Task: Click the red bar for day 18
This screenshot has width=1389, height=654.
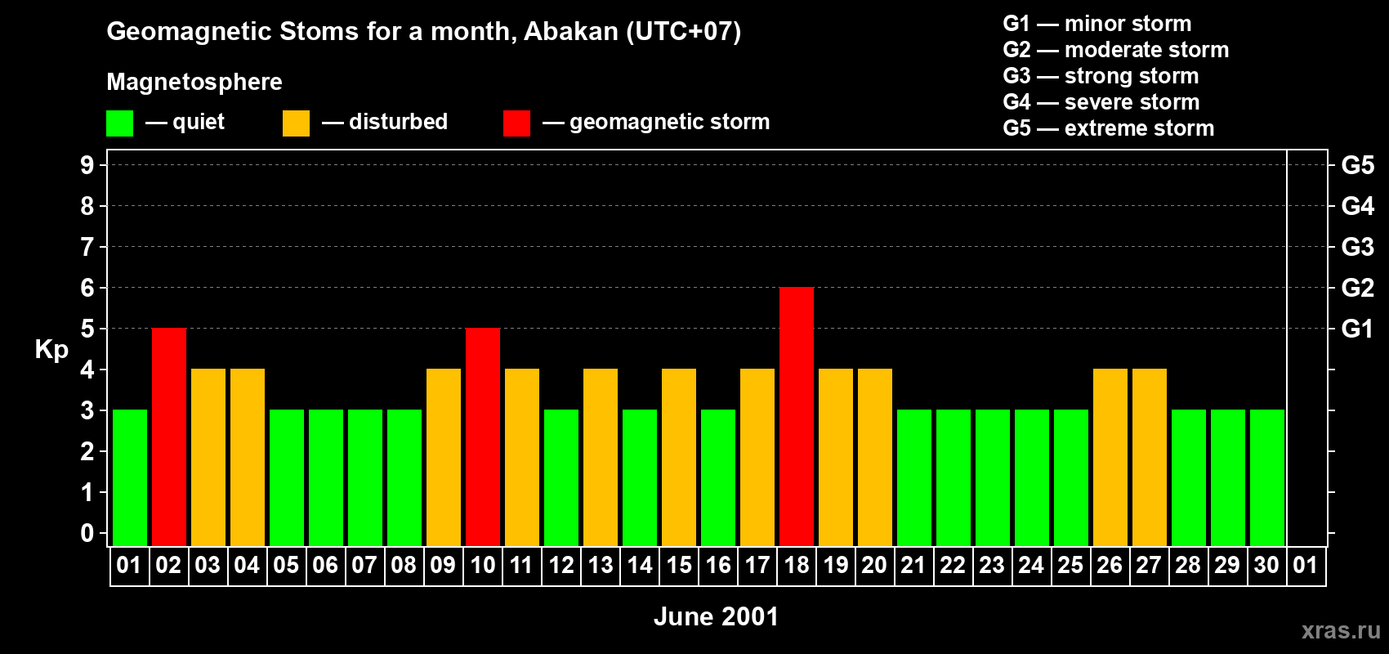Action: pyautogui.click(x=797, y=416)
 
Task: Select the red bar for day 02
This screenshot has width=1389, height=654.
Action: pyautogui.click(x=169, y=437)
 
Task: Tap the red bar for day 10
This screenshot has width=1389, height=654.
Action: pyautogui.click(x=483, y=437)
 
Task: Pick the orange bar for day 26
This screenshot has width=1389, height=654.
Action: pyautogui.click(x=1110, y=457)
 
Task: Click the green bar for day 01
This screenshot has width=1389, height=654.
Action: pyautogui.click(x=130, y=477)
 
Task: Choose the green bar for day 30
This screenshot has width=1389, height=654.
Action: pyautogui.click(x=1267, y=477)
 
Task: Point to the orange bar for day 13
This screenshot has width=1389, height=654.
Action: pyautogui.click(x=601, y=457)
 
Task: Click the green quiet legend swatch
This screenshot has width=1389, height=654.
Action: pyautogui.click(x=119, y=123)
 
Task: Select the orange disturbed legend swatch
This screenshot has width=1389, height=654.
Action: pyautogui.click(x=297, y=123)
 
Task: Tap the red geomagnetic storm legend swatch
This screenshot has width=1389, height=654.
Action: pyautogui.click(x=517, y=123)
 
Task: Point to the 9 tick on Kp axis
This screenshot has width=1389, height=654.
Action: pyautogui.click(x=87, y=165)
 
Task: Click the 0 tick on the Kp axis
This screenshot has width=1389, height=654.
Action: pyautogui.click(x=87, y=533)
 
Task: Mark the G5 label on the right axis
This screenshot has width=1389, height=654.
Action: pyautogui.click(x=1358, y=165)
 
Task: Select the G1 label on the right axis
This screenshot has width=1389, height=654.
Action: pyautogui.click(x=1358, y=329)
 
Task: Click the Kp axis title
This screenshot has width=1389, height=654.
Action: pyautogui.click(x=51, y=350)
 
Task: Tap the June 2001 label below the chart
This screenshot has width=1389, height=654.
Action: pyautogui.click(x=717, y=616)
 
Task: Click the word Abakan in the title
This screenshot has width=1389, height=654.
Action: pyautogui.click(x=571, y=32)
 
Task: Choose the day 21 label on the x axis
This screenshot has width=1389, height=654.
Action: pyautogui.click(x=913, y=565)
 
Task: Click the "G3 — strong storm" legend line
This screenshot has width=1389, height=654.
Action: pyautogui.click(x=1101, y=76)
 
